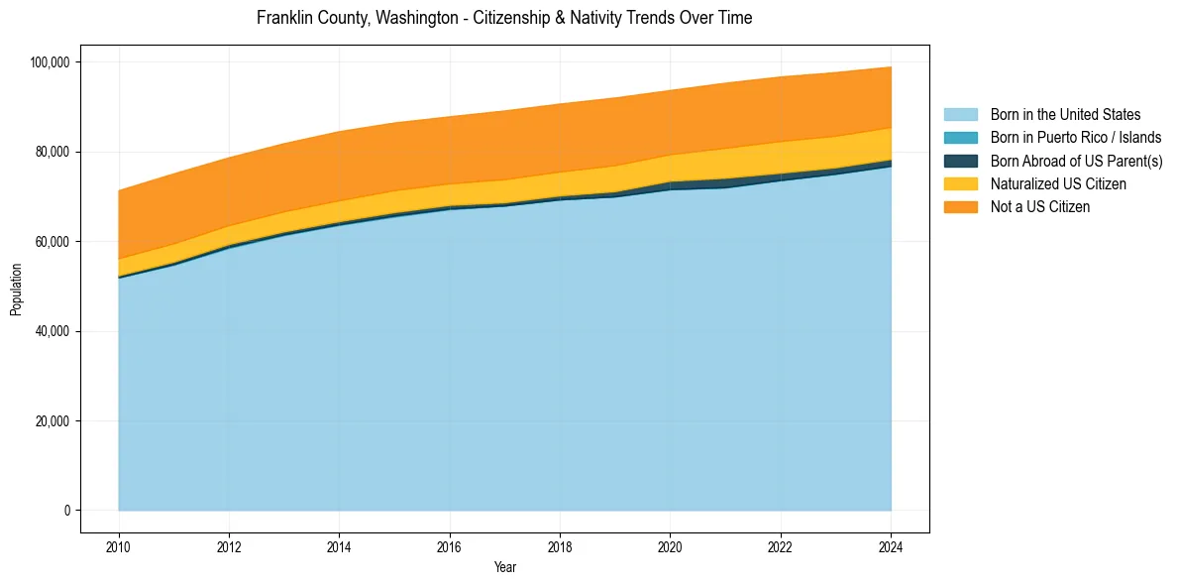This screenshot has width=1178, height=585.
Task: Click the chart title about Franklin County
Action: tap(504, 18)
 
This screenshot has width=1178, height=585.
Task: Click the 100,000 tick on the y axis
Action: tap(50, 62)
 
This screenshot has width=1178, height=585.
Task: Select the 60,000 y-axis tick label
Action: tap(53, 242)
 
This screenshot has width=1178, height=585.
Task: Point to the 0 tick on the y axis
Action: tap(66, 511)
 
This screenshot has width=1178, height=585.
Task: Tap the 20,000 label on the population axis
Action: tap(53, 421)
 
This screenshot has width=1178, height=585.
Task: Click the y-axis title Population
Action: tap(16, 290)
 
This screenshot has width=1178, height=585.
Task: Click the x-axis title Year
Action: tap(504, 568)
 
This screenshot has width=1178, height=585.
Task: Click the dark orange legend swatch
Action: tap(960, 206)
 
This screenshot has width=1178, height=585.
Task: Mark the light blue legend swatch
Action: tap(960, 115)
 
